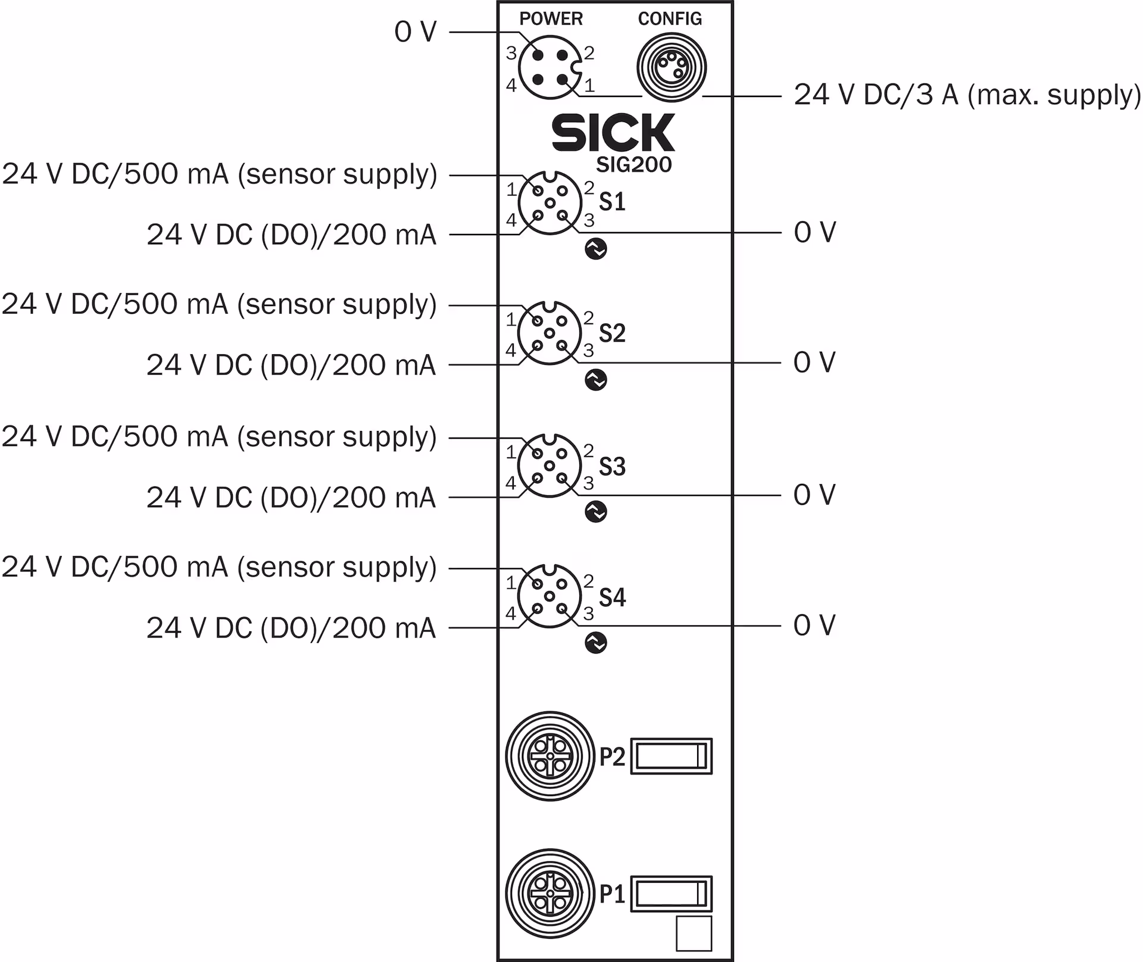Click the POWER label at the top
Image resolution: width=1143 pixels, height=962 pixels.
point(551,18)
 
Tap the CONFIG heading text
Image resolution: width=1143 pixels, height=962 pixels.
point(670,18)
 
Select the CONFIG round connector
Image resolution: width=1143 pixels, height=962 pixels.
point(672,67)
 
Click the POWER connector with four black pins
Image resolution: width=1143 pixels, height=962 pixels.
point(549,67)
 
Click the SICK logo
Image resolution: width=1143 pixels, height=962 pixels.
point(613,132)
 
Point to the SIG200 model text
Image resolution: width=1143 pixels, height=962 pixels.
point(633,165)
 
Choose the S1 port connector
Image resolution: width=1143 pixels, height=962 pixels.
point(549,203)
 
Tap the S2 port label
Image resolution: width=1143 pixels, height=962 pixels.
point(612,333)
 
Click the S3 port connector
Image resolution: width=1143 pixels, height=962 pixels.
point(549,466)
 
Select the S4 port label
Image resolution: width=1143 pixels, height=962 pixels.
point(612,597)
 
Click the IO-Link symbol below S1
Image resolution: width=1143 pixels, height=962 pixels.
point(596,249)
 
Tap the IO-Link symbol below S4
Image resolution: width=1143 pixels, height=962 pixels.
point(596,642)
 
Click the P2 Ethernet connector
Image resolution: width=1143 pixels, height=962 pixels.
point(550,756)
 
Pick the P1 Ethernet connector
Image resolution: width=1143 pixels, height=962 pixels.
point(550,894)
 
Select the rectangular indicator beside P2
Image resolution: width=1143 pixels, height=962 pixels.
point(671,757)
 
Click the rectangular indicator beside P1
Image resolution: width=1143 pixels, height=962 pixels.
point(671,894)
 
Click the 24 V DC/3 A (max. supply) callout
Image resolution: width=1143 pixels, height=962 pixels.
point(967,95)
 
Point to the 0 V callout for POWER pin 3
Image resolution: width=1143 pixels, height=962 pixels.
point(415,32)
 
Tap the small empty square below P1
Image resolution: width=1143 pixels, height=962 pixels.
point(694,933)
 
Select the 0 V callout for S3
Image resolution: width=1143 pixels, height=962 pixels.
point(814,495)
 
